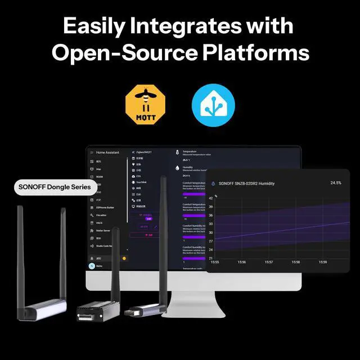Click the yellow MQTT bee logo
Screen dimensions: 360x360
[x=143, y=104]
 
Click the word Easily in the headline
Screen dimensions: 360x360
[x=93, y=26]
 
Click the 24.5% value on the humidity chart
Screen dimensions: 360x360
[x=335, y=183]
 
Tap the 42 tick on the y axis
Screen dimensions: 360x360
[x=211, y=199]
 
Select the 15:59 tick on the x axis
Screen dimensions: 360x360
[x=323, y=262]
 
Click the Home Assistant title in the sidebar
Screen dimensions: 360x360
[x=107, y=152]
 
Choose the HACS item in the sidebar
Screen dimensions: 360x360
[x=100, y=223]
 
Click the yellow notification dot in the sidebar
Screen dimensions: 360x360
[x=124, y=258]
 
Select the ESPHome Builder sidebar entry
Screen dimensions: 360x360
[x=106, y=207]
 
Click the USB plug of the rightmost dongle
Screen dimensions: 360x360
[x=130, y=310]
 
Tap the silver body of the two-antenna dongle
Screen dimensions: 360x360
[x=46, y=309]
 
